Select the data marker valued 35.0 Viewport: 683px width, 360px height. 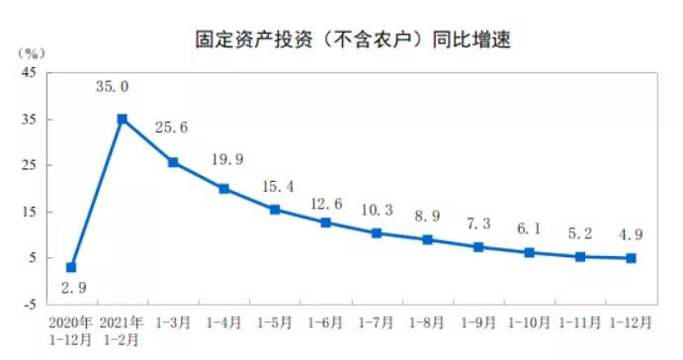point(122,119)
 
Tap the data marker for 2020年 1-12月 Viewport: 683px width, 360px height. point(71,267)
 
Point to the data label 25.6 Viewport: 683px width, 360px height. point(172,128)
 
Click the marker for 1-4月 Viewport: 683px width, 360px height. point(223,188)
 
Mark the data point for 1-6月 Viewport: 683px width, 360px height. point(326,223)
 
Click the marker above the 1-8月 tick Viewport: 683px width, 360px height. point(428,239)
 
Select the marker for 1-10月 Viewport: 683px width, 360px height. point(530,252)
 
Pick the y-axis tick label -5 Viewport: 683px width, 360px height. point(29,304)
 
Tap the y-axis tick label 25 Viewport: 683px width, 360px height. point(29,165)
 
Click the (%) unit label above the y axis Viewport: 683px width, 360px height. point(29,51)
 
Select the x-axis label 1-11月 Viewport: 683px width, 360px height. point(581,323)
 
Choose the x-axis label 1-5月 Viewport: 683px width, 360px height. point(275,323)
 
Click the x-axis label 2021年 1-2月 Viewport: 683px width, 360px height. point(123,330)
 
